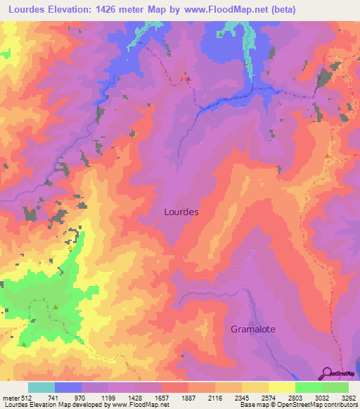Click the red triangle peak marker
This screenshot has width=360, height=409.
pos(188,78)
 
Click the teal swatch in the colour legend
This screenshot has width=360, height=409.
pos(41,388)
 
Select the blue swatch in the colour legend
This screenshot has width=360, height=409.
pos(68,388)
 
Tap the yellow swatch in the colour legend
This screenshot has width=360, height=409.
pos(281,388)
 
